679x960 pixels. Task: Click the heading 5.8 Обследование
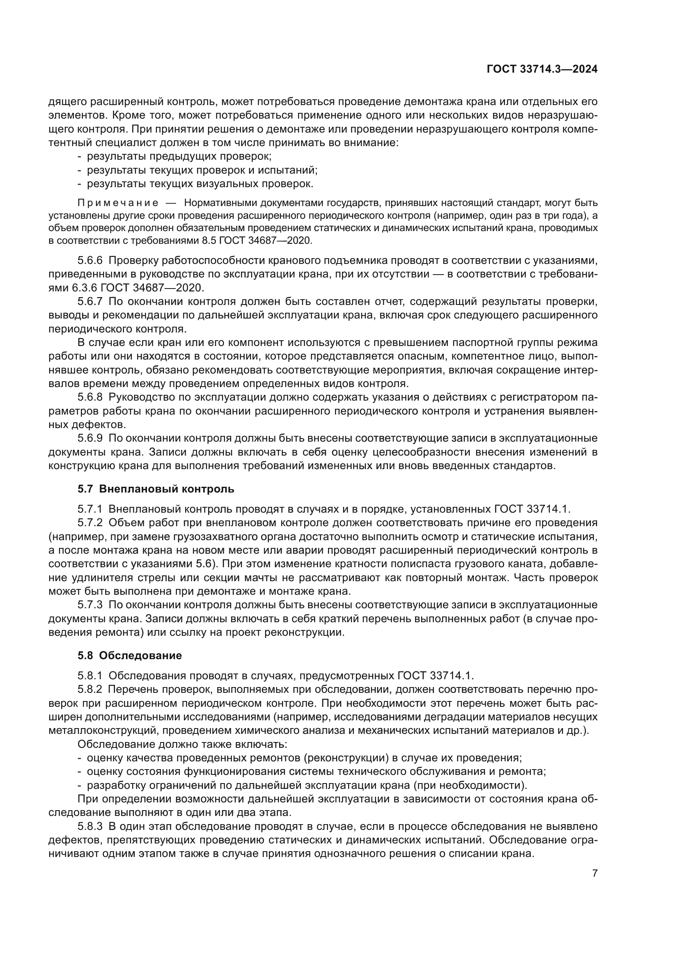pyautogui.click(x=130, y=655)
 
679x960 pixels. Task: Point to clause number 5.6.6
pyautogui.click(x=90, y=261)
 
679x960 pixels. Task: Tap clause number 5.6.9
pyautogui.click(x=90, y=438)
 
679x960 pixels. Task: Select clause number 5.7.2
pyautogui.click(x=90, y=522)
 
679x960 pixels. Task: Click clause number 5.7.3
pyautogui.click(x=90, y=605)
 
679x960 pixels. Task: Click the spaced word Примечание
pyautogui.click(x=118, y=203)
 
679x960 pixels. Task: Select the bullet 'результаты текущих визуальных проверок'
pyautogui.click(x=200, y=183)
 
